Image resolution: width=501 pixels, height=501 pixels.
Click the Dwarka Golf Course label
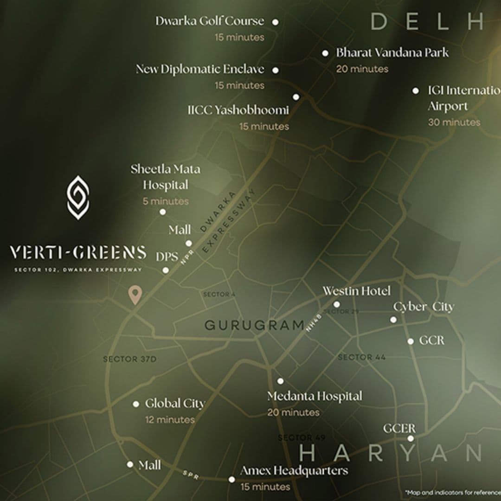[x=209, y=21]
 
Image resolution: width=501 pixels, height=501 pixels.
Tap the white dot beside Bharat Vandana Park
[x=326, y=53]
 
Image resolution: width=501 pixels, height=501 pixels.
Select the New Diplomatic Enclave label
[x=200, y=70]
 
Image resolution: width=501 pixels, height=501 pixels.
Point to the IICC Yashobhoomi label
[x=238, y=110]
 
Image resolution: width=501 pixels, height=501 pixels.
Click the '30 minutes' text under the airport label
[x=454, y=122]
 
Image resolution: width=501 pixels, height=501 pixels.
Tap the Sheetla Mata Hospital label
[x=165, y=177]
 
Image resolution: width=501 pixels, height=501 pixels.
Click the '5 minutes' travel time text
[x=166, y=201]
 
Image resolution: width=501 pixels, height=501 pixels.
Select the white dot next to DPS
[x=166, y=270]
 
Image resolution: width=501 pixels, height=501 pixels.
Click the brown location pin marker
[x=135, y=295]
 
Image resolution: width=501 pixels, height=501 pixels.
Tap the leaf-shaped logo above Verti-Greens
[x=78, y=197]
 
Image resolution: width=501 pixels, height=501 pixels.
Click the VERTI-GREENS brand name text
[x=78, y=253]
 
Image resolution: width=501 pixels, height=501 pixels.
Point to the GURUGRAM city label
[x=255, y=325]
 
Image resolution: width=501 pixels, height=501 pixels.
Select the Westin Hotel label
[x=356, y=291]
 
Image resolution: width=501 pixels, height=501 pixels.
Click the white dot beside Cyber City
[x=393, y=320]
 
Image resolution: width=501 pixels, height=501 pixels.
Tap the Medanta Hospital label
[x=315, y=397]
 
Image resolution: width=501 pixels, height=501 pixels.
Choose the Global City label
[x=175, y=404]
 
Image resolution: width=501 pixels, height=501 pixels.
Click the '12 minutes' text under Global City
[x=170, y=420]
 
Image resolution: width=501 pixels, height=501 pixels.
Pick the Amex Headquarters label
[x=294, y=471]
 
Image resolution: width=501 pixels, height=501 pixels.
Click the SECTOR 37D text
[x=130, y=359]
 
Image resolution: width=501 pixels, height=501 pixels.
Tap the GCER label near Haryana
[x=399, y=429]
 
